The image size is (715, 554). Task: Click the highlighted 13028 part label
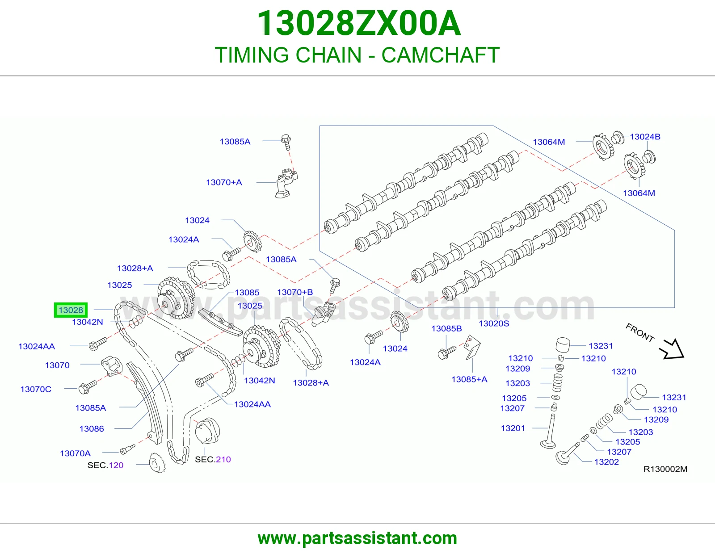pyautogui.click(x=71, y=310)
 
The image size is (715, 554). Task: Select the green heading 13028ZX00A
pyautogui.click(x=358, y=23)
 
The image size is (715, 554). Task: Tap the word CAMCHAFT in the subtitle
pyautogui.click(x=441, y=55)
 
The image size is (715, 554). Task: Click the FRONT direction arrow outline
pyautogui.click(x=672, y=349)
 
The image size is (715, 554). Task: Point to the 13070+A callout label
pyautogui.click(x=224, y=182)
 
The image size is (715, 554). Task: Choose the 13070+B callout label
pyautogui.click(x=295, y=292)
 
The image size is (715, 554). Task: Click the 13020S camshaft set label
pyautogui.click(x=493, y=323)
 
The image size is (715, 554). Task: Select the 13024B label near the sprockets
pyautogui.click(x=645, y=137)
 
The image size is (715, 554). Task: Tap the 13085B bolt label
pyautogui.click(x=446, y=328)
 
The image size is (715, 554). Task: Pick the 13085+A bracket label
pyautogui.click(x=469, y=379)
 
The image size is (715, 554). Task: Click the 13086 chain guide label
pyautogui.click(x=92, y=428)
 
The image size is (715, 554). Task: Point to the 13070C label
pyautogui.click(x=36, y=389)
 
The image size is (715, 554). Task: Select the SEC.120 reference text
pyautogui.click(x=105, y=465)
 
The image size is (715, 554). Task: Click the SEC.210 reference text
pyautogui.click(x=213, y=459)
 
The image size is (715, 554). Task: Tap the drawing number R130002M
pyautogui.click(x=665, y=469)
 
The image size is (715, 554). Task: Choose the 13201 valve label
pyautogui.click(x=513, y=428)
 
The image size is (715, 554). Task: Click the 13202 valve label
pyautogui.click(x=606, y=462)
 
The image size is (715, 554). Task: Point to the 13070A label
pyautogui.click(x=75, y=453)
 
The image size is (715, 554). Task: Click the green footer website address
pyautogui.click(x=357, y=538)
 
